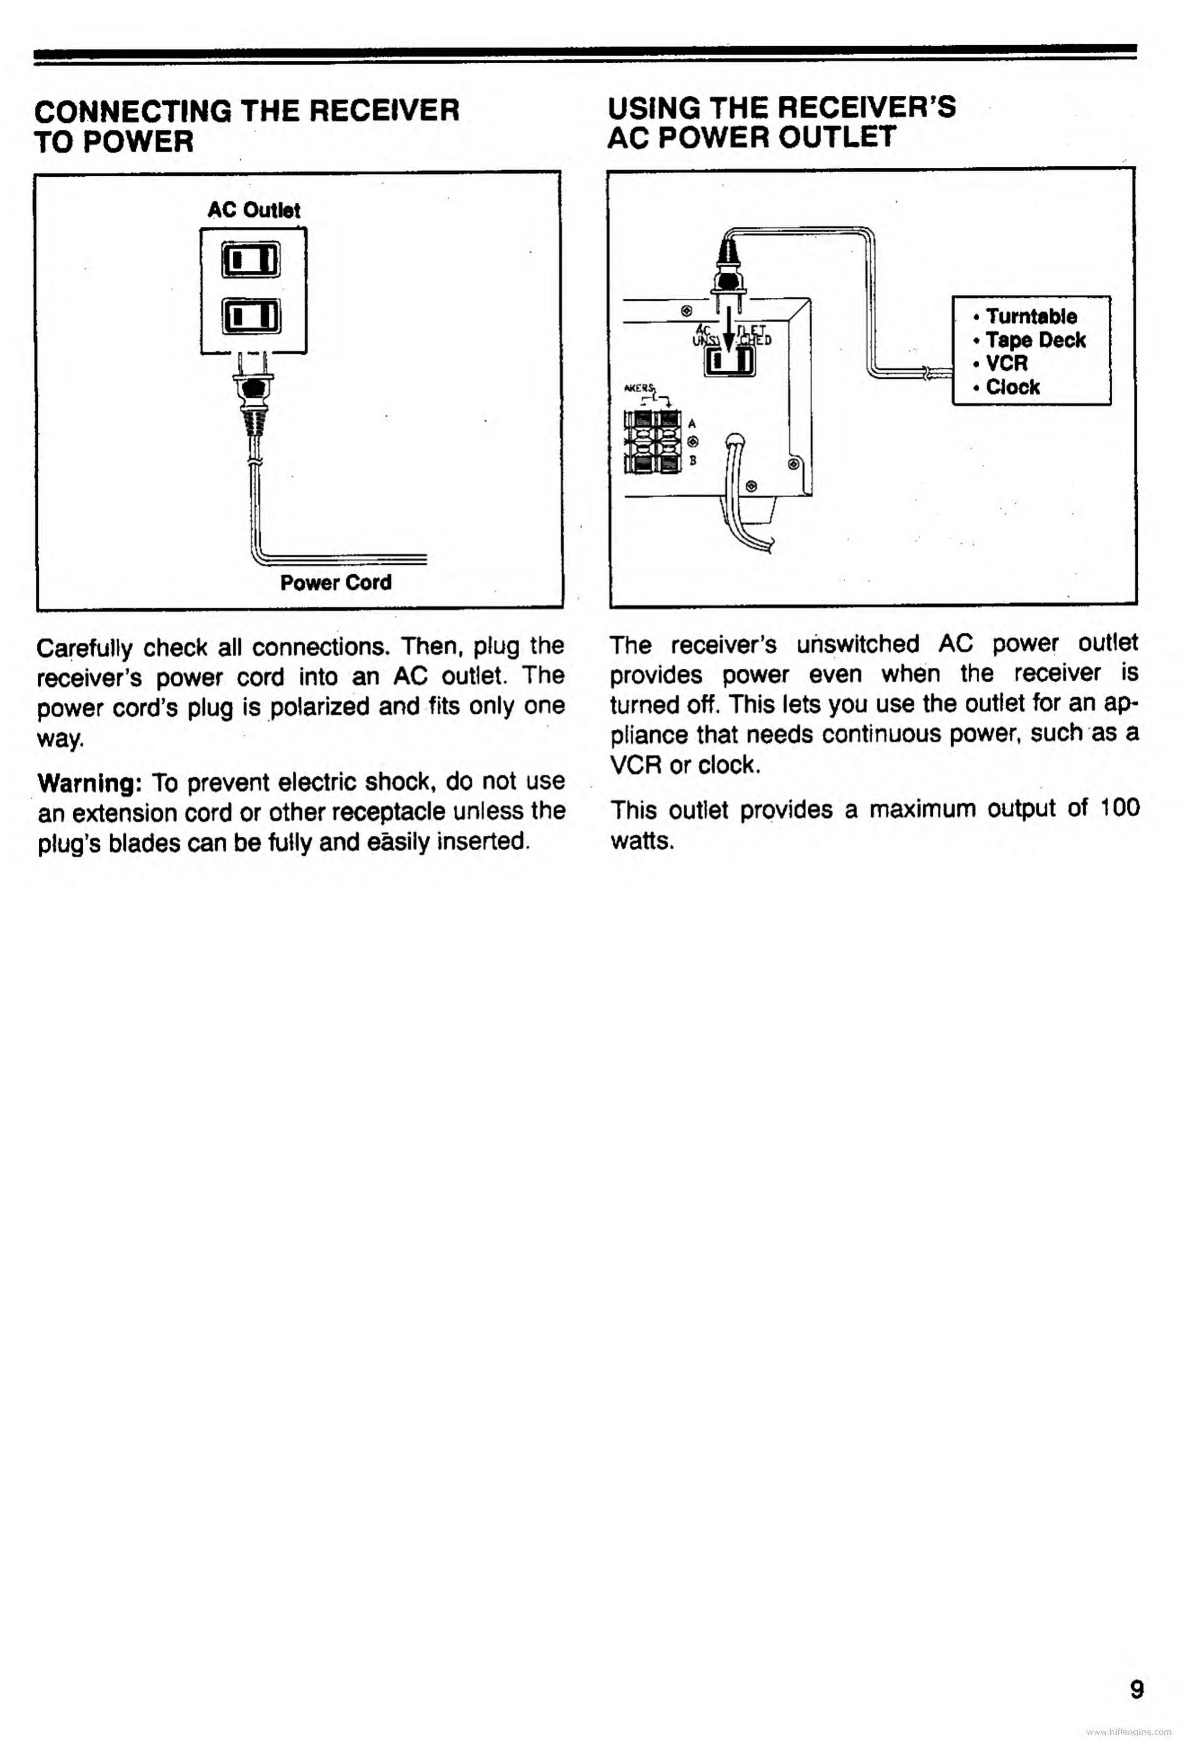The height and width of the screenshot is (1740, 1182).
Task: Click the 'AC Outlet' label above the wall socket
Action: [x=254, y=210]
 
